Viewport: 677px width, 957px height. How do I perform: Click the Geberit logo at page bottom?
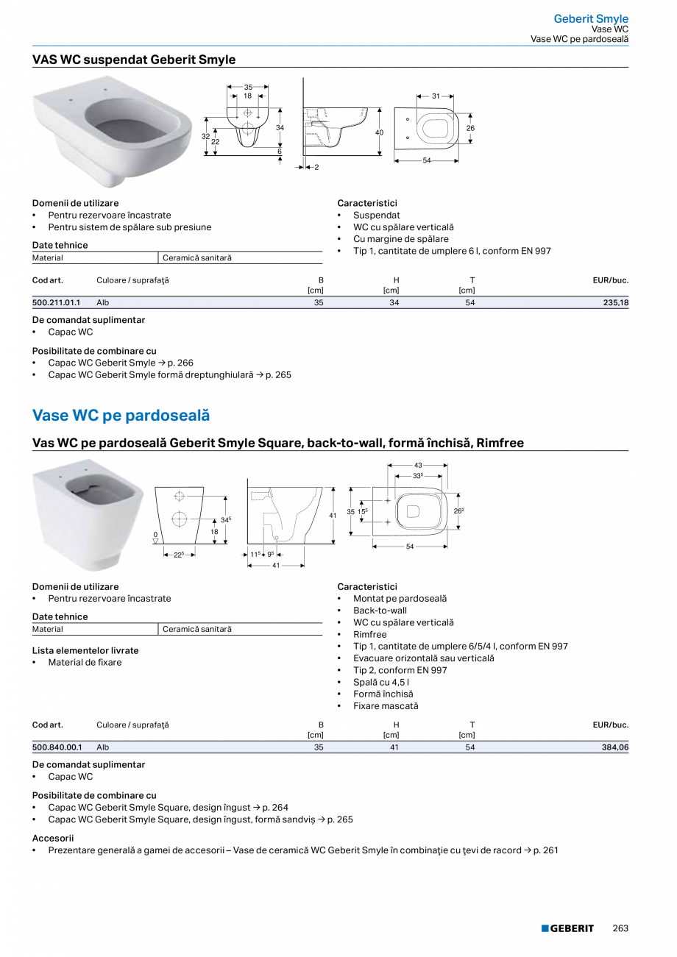pyautogui.click(x=567, y=928)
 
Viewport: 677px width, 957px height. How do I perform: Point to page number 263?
pyautogui.click(x=620, y=928)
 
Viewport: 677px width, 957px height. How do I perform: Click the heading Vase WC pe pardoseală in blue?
pyautogui.click(x=121, y=416)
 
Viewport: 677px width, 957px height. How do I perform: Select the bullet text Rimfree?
pyautogui.click(x=369, y=634)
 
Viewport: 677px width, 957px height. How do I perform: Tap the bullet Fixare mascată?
pyautogui.click(x=385, y=705)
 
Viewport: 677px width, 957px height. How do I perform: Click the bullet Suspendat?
pyautogui.click(x=376, y=216)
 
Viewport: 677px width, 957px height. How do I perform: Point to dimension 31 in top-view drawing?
pyautogui.click(x=436, y=96)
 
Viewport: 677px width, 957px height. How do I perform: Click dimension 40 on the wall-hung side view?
pyautogui.click(x=380, y=132)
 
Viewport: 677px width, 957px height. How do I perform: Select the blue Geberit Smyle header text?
pyautogui.click(x=591, y=18)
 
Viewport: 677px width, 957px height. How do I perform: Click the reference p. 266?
pyautogui.click(x=180, y=363)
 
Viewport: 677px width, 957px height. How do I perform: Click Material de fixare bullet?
pyautogui.click(x=85, y=662)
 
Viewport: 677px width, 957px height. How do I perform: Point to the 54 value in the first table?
pyautogui.click(x=469, y=302)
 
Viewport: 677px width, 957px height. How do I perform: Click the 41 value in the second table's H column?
pyautogui.click(x=394, y=747)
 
